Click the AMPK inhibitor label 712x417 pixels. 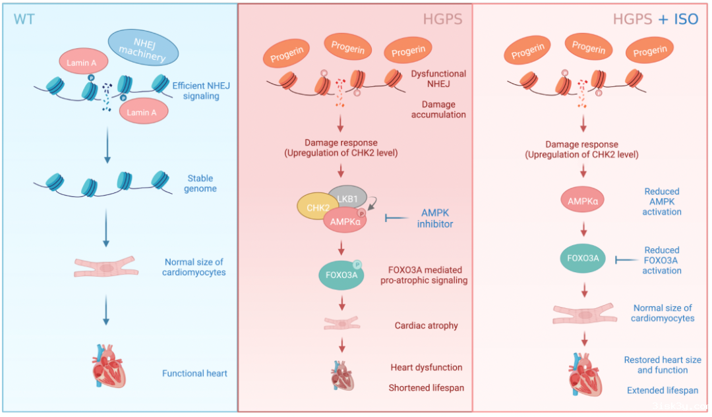[435, 219]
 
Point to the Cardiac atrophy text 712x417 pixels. [426, 325]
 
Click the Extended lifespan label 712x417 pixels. [663, 391]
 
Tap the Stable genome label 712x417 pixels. [200, 183]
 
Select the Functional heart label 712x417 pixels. [194, 374]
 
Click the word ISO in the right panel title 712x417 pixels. [686, 19]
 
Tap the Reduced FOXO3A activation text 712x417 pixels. [662, 260]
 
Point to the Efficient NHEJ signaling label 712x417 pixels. [196, 91]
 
